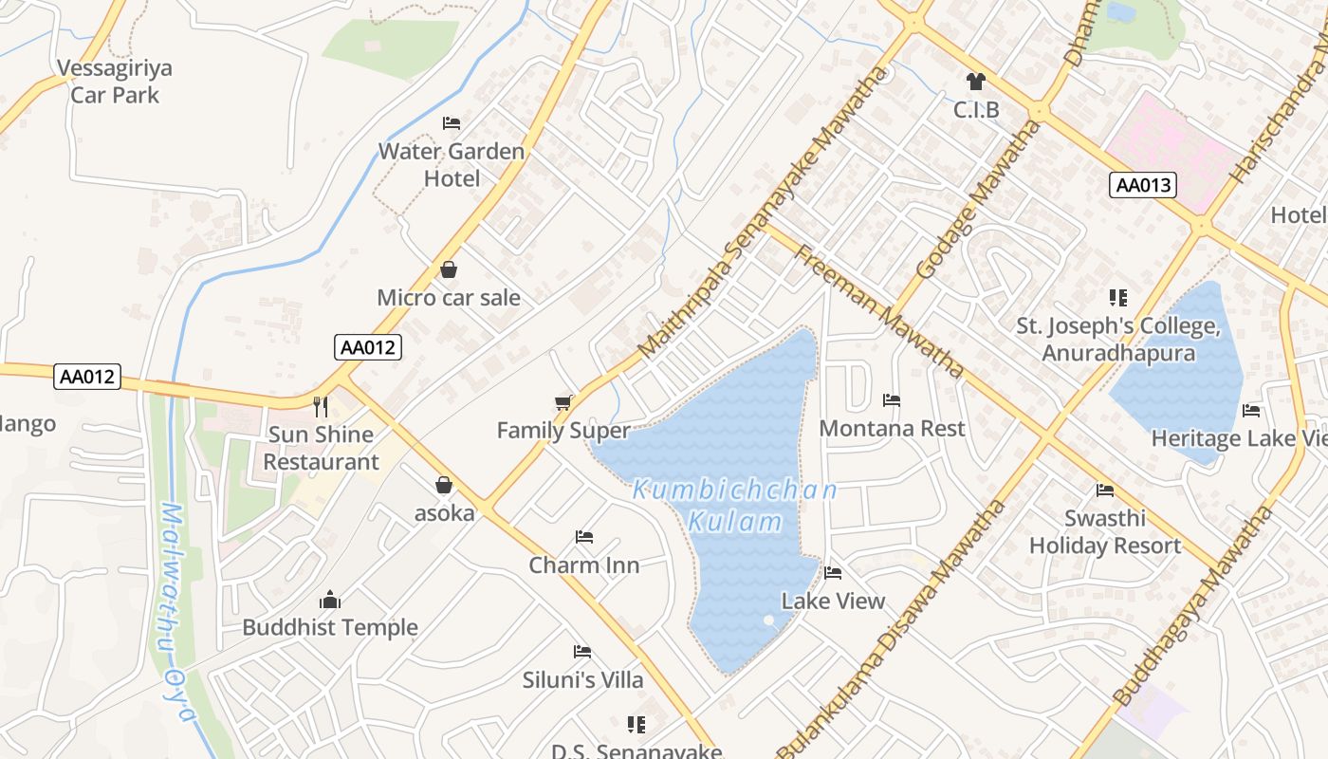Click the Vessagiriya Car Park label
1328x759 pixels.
point(115,82)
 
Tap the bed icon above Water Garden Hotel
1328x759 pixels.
point(452,123)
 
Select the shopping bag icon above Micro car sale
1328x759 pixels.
point(449,270)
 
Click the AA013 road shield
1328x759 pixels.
point(1143,185)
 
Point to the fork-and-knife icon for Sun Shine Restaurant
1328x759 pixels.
point(321,407)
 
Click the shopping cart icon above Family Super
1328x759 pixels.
point(563,403)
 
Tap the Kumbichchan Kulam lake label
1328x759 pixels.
point(735,506)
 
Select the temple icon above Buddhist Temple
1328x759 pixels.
point(330,600)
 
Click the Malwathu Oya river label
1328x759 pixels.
point(175,612)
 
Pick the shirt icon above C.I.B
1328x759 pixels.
point(976,83)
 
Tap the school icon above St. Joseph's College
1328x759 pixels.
point(1118,298)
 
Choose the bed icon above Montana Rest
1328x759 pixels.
point(892,400)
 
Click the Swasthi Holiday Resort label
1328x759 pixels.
point(1105,532)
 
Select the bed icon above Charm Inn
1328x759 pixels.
point(584,537)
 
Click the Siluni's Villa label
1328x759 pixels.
point(583,679)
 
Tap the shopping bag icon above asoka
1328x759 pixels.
point(444,486)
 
